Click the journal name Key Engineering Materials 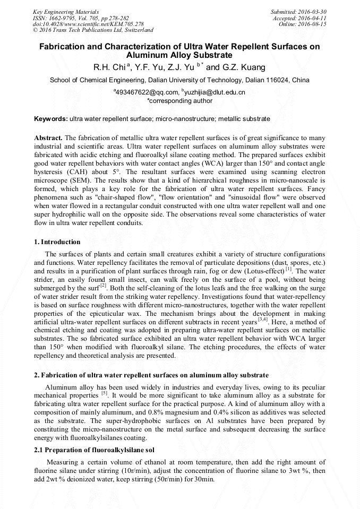coord(65,11)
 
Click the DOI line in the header coord(88,24)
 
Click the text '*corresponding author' coord(179,100)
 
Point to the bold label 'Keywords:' coord(51,118)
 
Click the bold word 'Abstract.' coord(48,137)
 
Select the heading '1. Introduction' coord(57,242)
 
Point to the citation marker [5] coord(104,394)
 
